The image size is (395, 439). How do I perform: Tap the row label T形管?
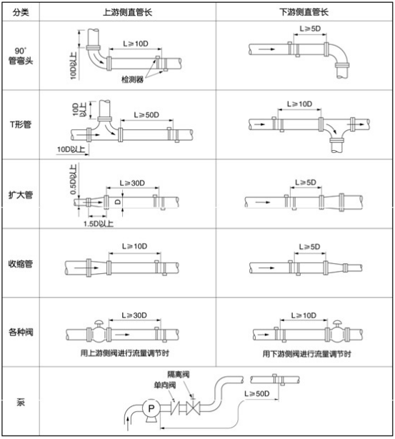coord(20,124)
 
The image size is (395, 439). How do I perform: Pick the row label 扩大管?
coord(20,194)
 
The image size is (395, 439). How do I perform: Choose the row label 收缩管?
coord(20,264)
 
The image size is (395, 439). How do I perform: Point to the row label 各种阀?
coord(20,332)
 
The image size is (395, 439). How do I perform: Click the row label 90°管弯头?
coord(20,56)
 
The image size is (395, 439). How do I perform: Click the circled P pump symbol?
coord(151,408)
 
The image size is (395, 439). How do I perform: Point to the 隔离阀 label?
coord(178,374)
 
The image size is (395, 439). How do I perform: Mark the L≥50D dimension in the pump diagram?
coord(258,394)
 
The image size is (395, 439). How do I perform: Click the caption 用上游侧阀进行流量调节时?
coord(130,353)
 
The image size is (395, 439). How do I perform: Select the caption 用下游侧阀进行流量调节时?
coord(306,353)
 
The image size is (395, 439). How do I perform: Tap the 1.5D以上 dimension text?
coord(99,223)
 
